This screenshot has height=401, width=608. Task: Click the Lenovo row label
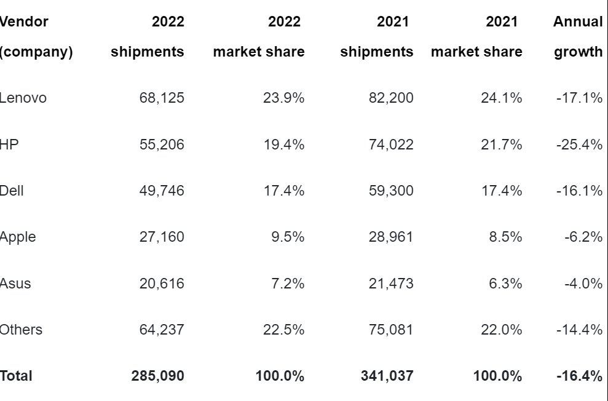[x=23, y=98]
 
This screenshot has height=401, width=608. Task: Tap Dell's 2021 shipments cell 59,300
[x=391, y=191]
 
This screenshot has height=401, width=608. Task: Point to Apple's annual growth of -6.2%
[x=583, y=237]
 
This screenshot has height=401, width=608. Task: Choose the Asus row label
[x=15, y=284]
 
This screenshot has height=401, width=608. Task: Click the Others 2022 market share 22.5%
[x=283, y=330]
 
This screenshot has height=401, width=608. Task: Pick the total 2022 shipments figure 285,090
[x=157, y=376]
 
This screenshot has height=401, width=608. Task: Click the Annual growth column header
[x=578, y=37]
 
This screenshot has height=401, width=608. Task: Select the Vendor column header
[x=25, y=22]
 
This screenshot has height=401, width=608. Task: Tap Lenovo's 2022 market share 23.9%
[x=283, y=98]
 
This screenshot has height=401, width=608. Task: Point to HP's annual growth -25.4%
[x=580, y=145]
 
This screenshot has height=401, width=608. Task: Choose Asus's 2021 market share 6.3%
[x=505, y=284]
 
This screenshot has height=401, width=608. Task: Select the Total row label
[x=16, y=376]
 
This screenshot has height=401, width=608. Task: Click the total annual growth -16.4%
[x=579, y=376]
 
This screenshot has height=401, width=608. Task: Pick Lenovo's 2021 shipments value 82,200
[x=391, y=98]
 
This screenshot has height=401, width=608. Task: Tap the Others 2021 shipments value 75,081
[x=391, y=330]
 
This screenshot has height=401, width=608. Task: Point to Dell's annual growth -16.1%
[x=580, y=191]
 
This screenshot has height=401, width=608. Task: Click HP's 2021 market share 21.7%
[x=502, y=145]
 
